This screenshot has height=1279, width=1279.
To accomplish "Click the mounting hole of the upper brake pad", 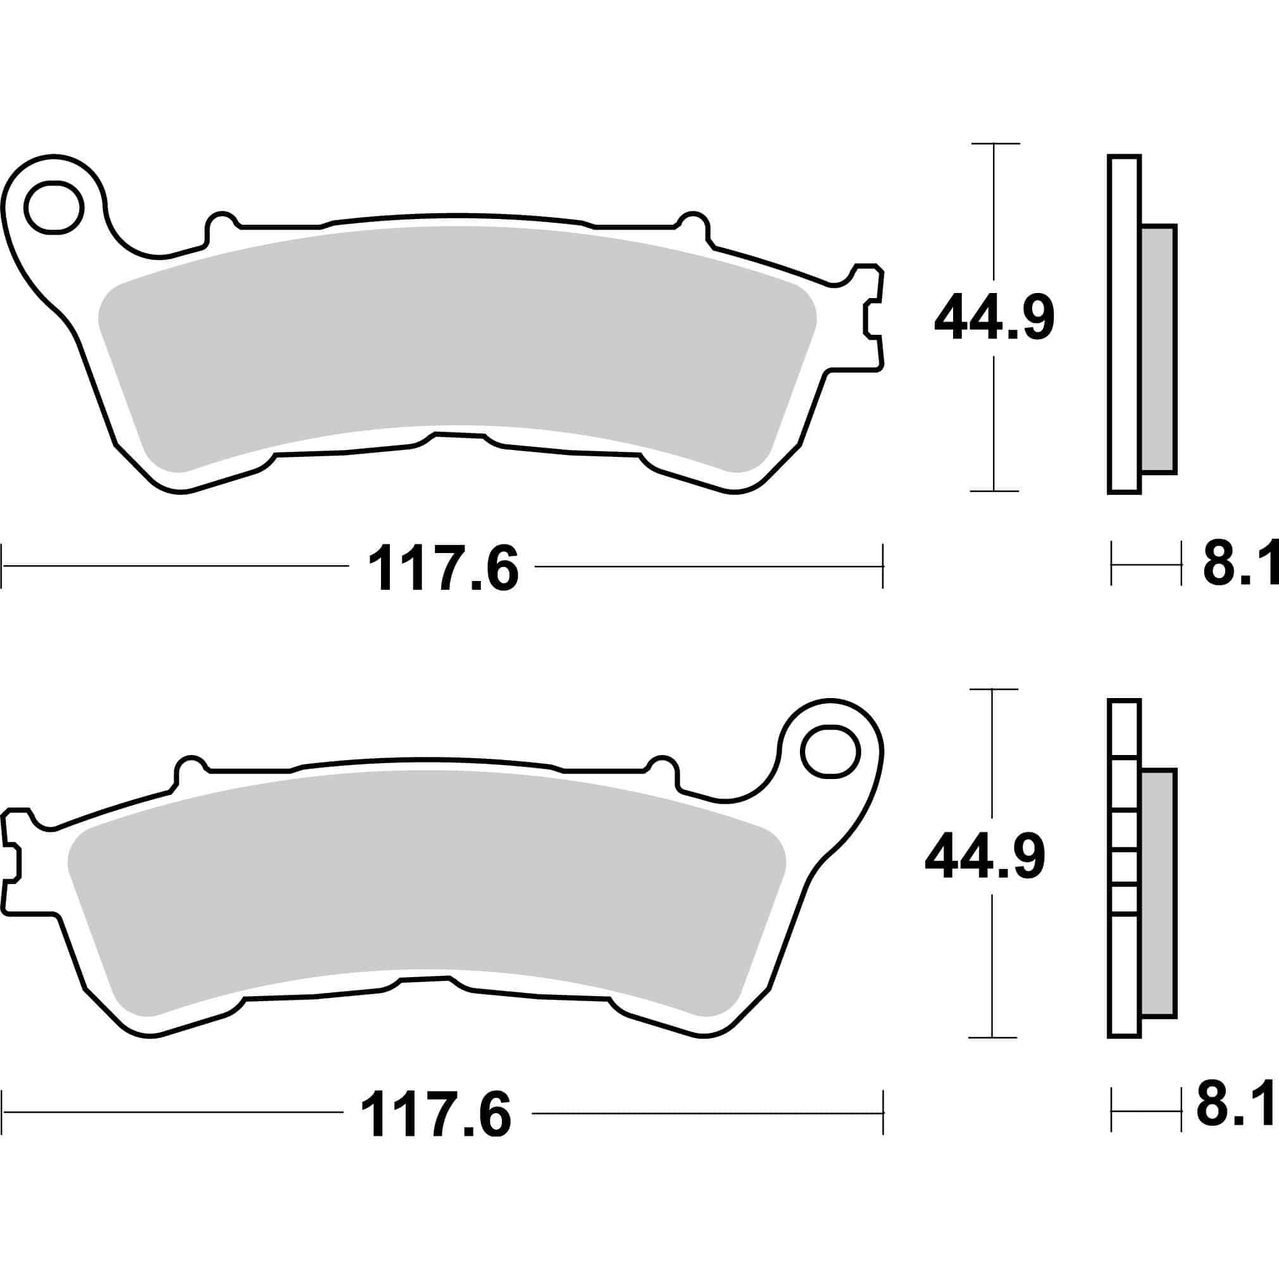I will coord(53,207).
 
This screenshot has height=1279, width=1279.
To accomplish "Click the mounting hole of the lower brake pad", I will coord(830,751).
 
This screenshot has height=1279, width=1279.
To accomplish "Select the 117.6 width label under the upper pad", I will coord(443,568).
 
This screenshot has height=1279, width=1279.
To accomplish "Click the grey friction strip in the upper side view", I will coord(1159,349).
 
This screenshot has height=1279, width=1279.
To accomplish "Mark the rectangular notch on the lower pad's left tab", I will coord(12,864).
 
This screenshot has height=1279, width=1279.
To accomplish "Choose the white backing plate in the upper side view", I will coord(1124,325).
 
